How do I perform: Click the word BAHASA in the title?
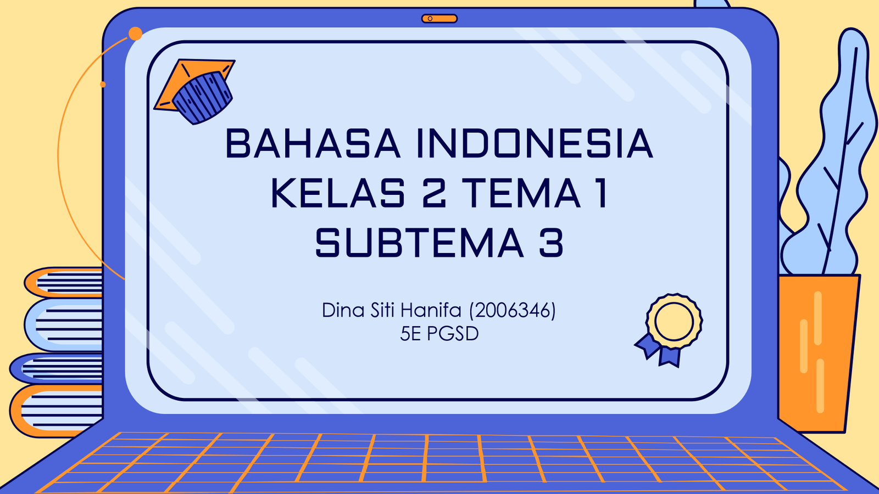pyautogui.click(x=313, y=143)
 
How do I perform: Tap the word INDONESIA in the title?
pyautogui.click(x=535, y=143)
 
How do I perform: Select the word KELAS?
pyautogui.click(x=338, y=193)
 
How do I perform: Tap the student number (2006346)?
pyautogui.click(x=513, y=311)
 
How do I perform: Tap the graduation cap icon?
pyautogui.click(x=195, y=92)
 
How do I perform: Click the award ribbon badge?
pyautogui.click(x=670, y=330)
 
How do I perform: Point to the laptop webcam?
pyautogui.click(x=439, y=19)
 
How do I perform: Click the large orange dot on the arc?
pyautogui.click(x=135, y=33)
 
